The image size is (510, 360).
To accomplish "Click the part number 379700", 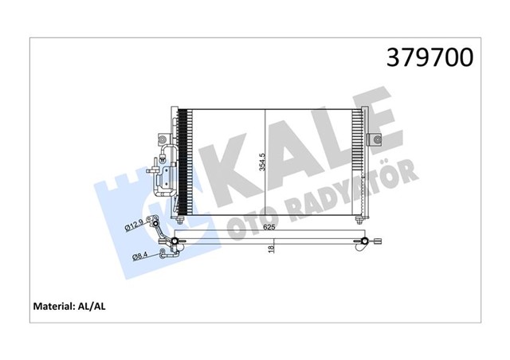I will tap(430, 57).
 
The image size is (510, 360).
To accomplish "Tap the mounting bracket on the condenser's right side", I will tap(374, 140).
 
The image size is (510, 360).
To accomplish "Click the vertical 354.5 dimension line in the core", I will tap(265, 163).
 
